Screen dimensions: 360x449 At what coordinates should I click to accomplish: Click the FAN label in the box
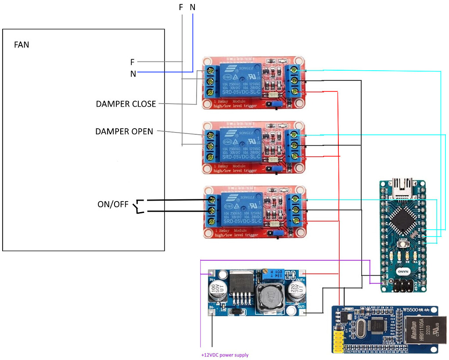click(x=22, y=44)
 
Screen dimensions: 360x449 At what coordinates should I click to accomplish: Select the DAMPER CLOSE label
click(x=126, y=104)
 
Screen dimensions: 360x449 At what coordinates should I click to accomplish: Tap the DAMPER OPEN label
click(x=124, y=131)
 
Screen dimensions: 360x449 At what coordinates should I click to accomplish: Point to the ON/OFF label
click(x=113, y=205)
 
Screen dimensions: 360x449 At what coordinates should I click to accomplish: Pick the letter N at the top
click(x=193, y=7)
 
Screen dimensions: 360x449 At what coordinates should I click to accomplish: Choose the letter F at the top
click(x=181, y=7)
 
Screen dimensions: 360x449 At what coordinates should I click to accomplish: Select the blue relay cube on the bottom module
click(x=242, y=210)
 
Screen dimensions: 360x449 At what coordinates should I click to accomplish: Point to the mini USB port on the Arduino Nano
click(x=403, y=185)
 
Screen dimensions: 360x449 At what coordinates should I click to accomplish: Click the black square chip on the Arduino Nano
click(x=403, y=220)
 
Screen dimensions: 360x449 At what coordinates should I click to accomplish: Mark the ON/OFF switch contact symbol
click(x=140, y=207)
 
